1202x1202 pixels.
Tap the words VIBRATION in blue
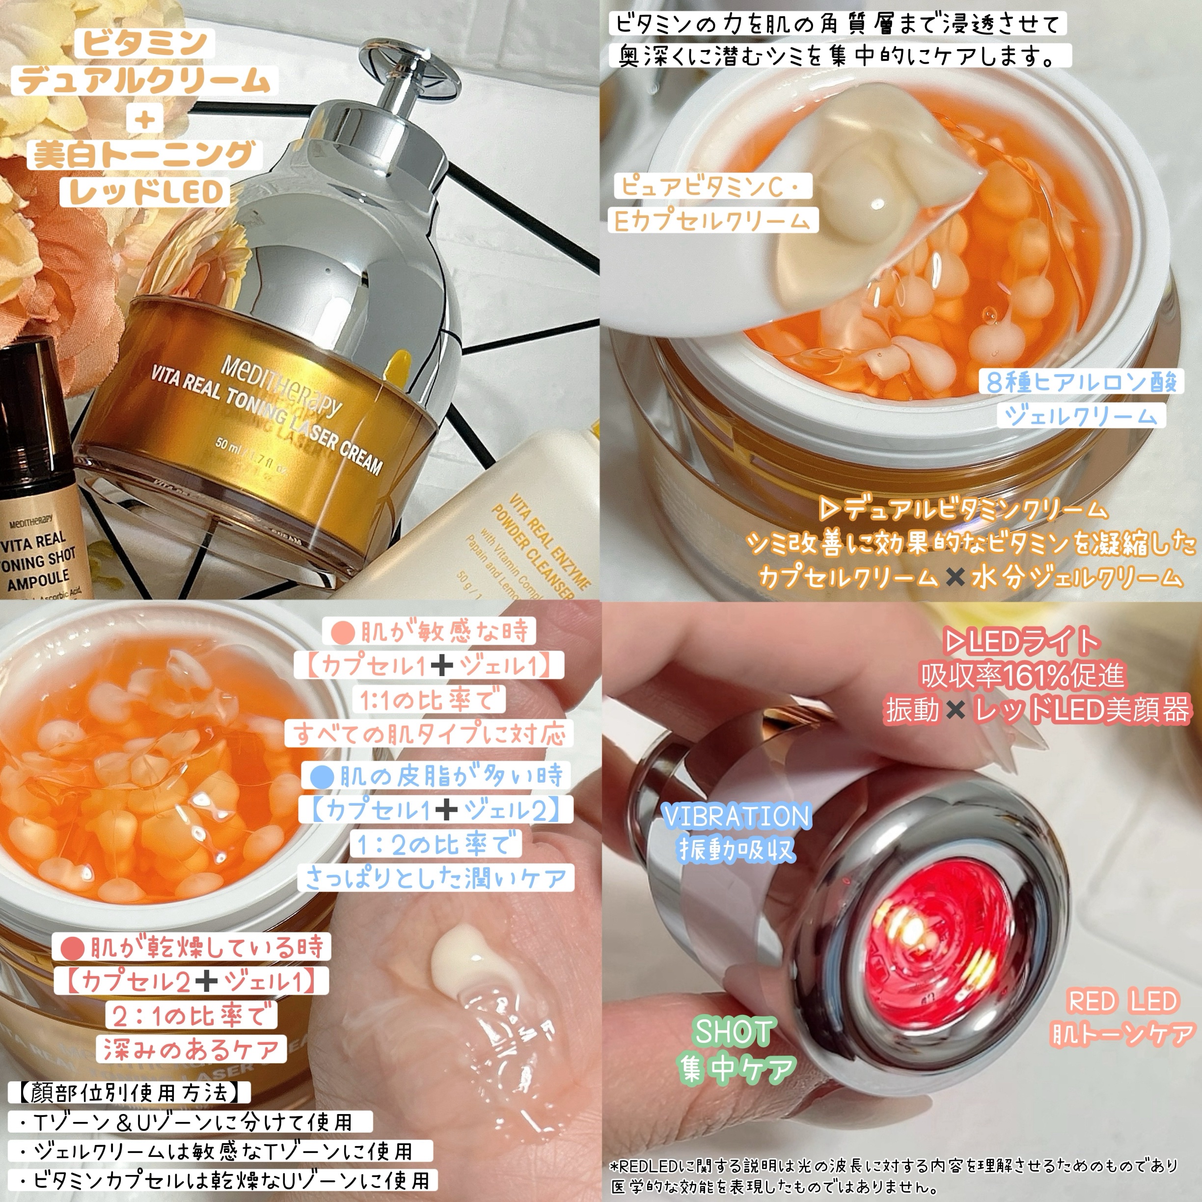[737, 817]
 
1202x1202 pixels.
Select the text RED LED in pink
[1123, 1001]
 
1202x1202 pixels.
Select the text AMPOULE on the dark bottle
[39, 580]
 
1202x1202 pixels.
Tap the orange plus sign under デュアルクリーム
[145, 118]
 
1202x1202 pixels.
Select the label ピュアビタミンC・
[713, 186]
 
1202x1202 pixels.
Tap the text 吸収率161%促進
[1023, 675]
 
